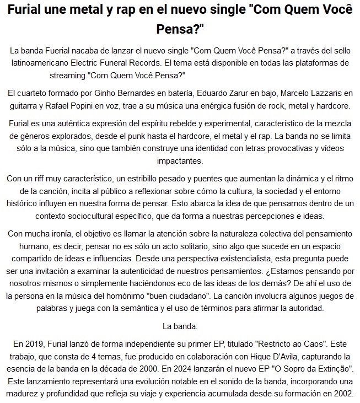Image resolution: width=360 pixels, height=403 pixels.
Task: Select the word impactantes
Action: tap(180, 161)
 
